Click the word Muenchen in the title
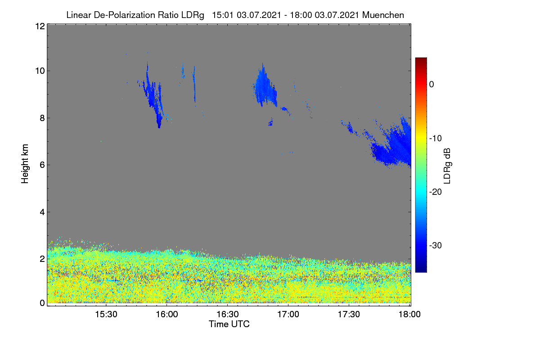pyautogui.click(x=383, y=15)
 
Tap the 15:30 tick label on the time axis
pyautogui.click(x=106, y=315)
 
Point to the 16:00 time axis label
pyautogui.click(x=167, y=315)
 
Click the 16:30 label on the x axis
pyautogui.click(x=228, y=315)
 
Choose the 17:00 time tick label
pyautogui.click(x=288, y=315)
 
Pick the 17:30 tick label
pyautogui.click(x=349, y=315)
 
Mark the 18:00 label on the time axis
pyautogui.click(x=409, y=315)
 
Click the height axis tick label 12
pyautogui.click(x=40, y=26)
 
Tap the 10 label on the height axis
pyautogui.click(x=40, y=71)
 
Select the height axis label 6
pyautogui.click(x=42, y=165)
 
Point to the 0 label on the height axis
pyautogui.click(x=42, y=303)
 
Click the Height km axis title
pyautogui.click(x=25, y=164)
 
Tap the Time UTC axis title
pyautogui.click(x=229, y=324)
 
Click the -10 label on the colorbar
pyautogui.click(x=436, y=139)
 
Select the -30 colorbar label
pyautogui.click(x=436, y=245)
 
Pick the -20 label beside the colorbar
pyautogui.click(x=436, y=192)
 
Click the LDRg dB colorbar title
pyautogui.click(x=447, y=166)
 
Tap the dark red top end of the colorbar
pyautogui.click(x=421, y=58)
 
